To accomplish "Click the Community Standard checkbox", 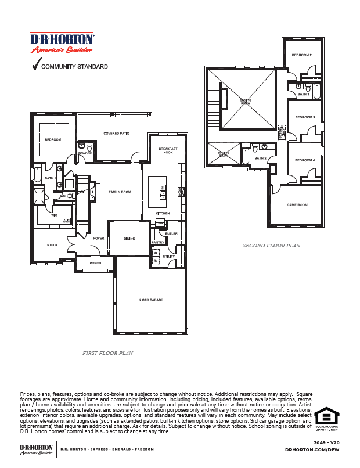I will pos(34,66).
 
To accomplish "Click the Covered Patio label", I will pos(116,134).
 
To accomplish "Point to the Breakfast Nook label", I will pos(168,151).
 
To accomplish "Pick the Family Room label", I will pos(120,192).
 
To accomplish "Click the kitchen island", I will pos(157,192).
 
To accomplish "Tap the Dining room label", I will pos(129,239).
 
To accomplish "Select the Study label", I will pos(52,245).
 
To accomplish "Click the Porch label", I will pos(95,263).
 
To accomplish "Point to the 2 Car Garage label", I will pos(150,300).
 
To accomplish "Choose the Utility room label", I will pos(169,255).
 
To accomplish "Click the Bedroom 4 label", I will pos(305,160).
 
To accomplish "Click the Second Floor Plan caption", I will pos(271,246).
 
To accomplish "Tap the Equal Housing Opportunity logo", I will pos(326,419).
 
